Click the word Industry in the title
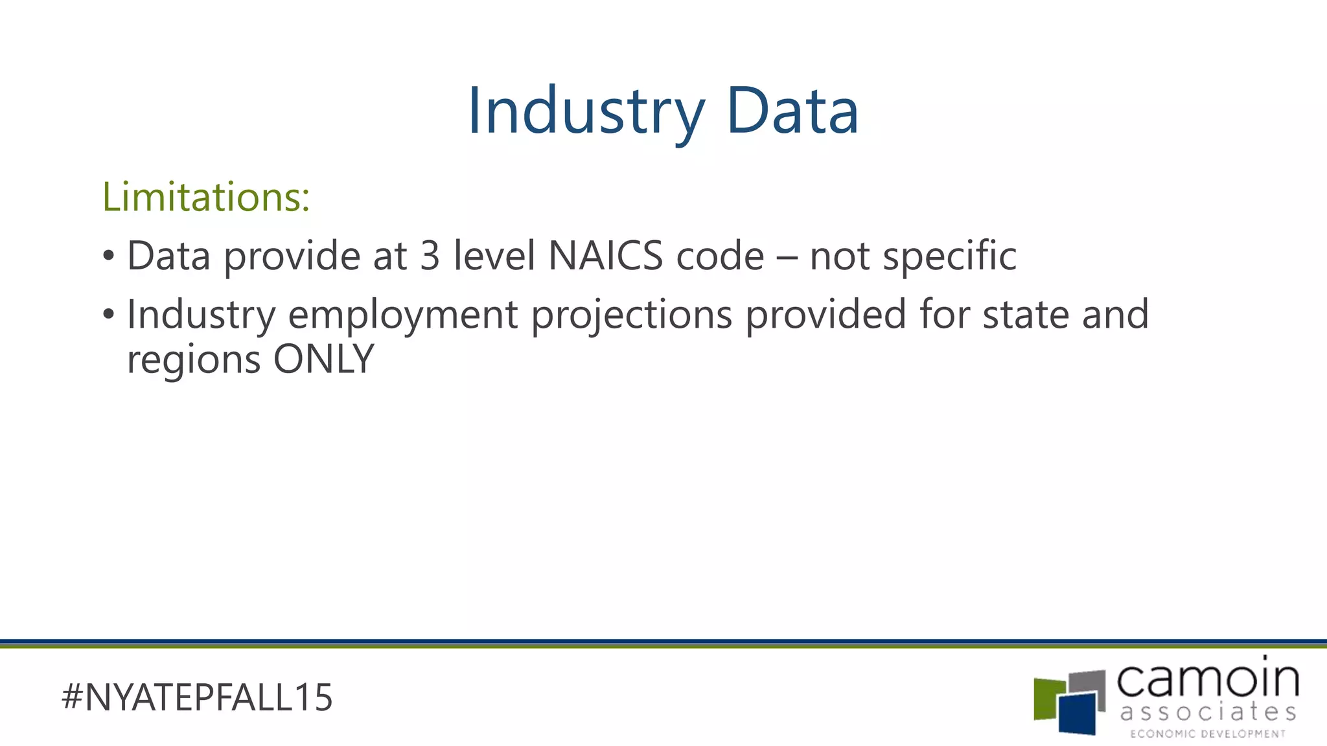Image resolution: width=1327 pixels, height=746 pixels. coord(586,111)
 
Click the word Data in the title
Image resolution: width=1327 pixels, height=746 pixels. coord(792,111)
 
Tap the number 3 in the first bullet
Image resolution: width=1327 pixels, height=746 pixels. coord(430,256)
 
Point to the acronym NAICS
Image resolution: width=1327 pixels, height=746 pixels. coord(605,256)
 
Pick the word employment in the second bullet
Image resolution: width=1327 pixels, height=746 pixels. coord(403,315)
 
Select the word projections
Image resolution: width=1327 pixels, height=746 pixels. coord(632,315)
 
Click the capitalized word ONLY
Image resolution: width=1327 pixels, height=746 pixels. coord(323,359)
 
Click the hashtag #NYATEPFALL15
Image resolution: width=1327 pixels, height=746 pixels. coord(197,697)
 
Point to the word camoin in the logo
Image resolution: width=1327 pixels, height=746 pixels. coord(1208,679)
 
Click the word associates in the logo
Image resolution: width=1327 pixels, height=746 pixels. coord(1208,712)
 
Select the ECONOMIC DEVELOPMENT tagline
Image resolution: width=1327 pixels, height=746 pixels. coord(1208,734)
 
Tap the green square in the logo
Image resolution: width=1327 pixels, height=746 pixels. coord(1046,698)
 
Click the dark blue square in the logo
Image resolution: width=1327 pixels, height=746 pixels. coord(1078,713)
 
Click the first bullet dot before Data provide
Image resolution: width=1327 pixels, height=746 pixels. coord(108,256)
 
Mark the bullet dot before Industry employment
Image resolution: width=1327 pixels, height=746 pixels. coord(108,315)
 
